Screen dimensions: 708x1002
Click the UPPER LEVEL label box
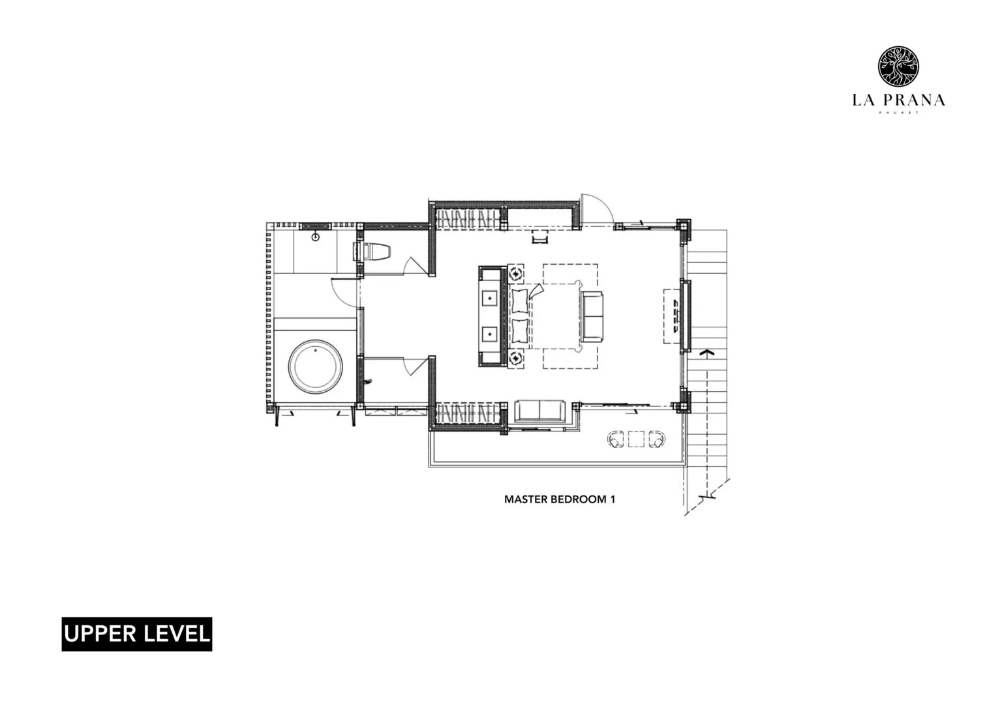coord(137,634)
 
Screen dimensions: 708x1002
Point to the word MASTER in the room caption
coord(525,499)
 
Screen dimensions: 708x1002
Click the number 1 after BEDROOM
coord(613,499)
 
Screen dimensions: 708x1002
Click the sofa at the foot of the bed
coord(592,316)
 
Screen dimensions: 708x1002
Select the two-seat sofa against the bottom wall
coord(540,411)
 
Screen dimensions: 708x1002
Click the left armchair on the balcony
coord(616,440)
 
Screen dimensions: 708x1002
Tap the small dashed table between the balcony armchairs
coord(635,440)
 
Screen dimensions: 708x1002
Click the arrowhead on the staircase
coord(705,353)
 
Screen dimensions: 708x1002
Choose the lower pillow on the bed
coord(520,331)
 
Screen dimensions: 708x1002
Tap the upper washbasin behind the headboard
coord(489,299)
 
